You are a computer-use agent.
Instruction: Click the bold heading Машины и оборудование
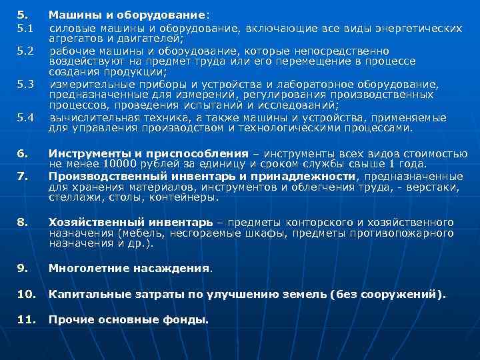(127, 15)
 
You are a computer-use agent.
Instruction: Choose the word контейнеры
(166, 197)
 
